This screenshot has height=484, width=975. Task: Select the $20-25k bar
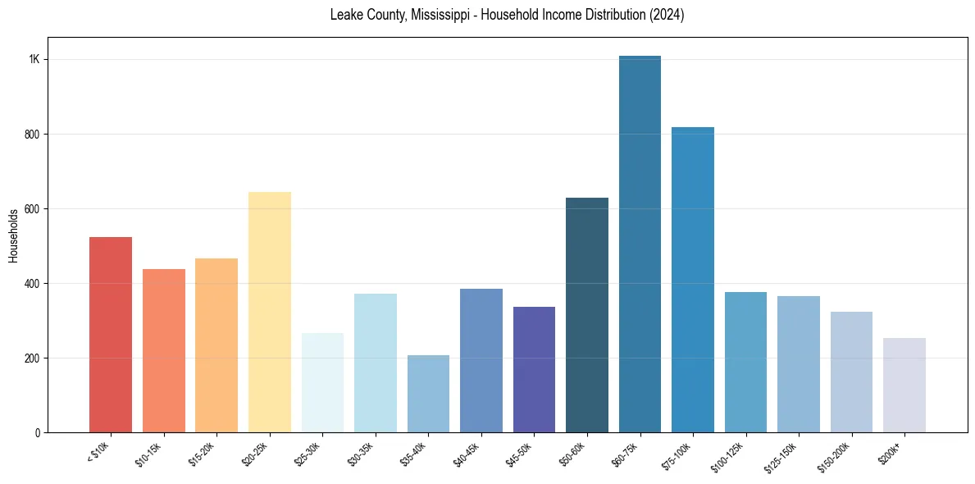[269, 312]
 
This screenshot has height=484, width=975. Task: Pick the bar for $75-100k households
[692, 280]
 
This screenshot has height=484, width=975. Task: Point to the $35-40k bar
[428, 394]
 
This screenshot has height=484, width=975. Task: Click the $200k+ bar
[904, 386]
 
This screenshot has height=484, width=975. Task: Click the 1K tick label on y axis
[34, 60]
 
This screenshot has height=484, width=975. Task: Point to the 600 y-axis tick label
[33, 209]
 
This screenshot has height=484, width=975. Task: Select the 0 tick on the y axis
[38, 433]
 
